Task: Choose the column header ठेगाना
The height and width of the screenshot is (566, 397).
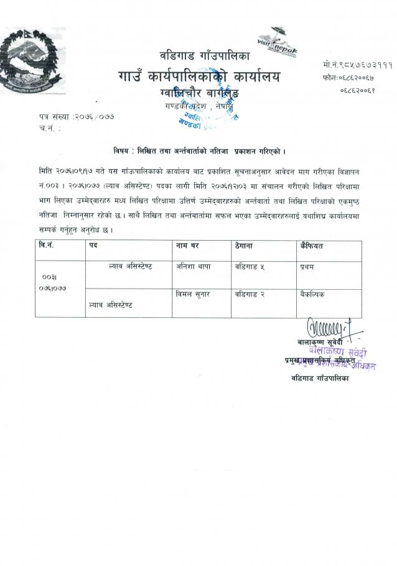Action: click(x=248, y=246)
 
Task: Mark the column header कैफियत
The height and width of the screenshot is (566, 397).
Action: click(x=312, y=246)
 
